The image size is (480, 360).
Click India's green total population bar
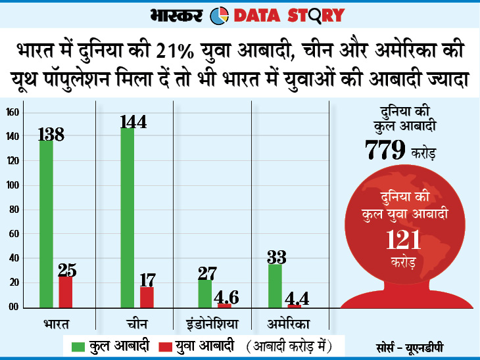(46, 223)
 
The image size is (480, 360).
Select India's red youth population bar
(65, 292)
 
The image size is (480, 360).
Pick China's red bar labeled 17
(147, 298)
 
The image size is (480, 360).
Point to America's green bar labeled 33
(275, 286)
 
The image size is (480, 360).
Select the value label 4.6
(226, 296)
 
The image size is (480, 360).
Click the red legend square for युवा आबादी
(161, 345)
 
